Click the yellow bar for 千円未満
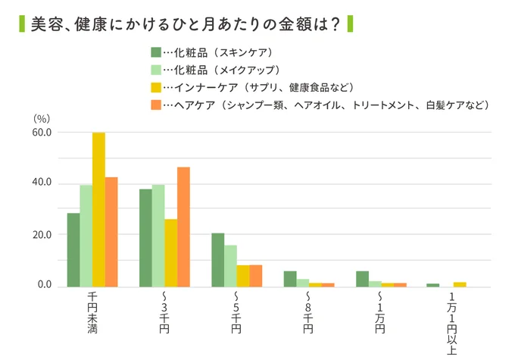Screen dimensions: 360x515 pyautogui.click(x=98, y=210)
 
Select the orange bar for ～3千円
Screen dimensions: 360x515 pyautogui.click(x=183, y=227)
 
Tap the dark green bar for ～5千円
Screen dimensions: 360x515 pyautogui.click(x=218, y=260)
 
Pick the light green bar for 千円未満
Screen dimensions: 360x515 pyautogui.click(x=86, y=236)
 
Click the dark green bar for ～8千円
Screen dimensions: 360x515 pyautogui.click(x=290, y=279)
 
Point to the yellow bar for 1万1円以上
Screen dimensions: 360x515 pyautogui.click(x=460, y=284)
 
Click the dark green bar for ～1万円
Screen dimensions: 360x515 pyautogui.click(x=362, y=279)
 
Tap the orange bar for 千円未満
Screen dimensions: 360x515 pyautogui.click(x=111, y=232)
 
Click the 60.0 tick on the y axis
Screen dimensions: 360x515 pyautogui.click(x=41, y=133)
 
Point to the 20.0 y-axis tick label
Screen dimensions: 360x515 pyautogui.click(x=41, y=235)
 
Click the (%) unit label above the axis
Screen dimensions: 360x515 pyautogui.click(x=42, y=118)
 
